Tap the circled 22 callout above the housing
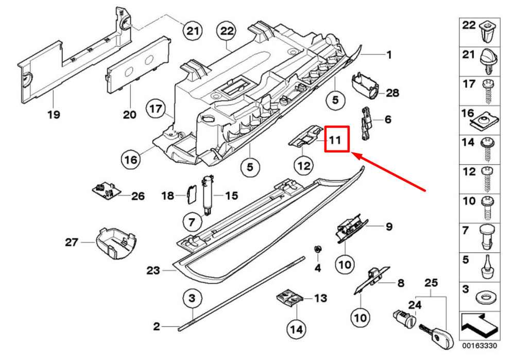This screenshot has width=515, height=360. pos(227,31)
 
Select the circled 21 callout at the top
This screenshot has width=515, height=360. pos(192,31)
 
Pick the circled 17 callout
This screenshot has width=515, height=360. pos(157,109)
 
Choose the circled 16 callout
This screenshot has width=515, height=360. pos(131,160)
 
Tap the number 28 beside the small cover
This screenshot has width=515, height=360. pos(392,93)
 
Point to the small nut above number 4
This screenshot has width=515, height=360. pos(318,250)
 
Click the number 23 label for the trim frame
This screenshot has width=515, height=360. pos(154,270)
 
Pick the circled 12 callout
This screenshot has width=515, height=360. pos(303,166)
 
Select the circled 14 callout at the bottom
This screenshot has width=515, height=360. pos(297,328)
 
